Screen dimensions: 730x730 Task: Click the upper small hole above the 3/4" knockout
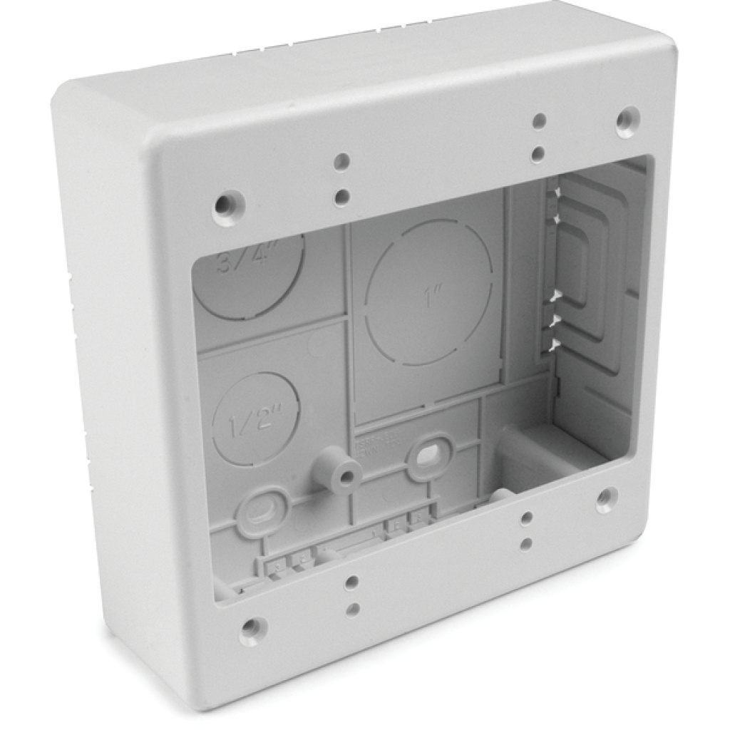pos(343,162)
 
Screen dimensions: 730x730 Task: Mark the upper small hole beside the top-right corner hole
pos(540,120)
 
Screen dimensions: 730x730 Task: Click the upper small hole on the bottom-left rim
pos(351,582)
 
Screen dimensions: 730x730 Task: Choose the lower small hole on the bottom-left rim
pos(352,610)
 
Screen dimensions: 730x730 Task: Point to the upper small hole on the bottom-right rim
pos(526,517)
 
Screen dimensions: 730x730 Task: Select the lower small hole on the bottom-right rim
pos(525,543)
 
